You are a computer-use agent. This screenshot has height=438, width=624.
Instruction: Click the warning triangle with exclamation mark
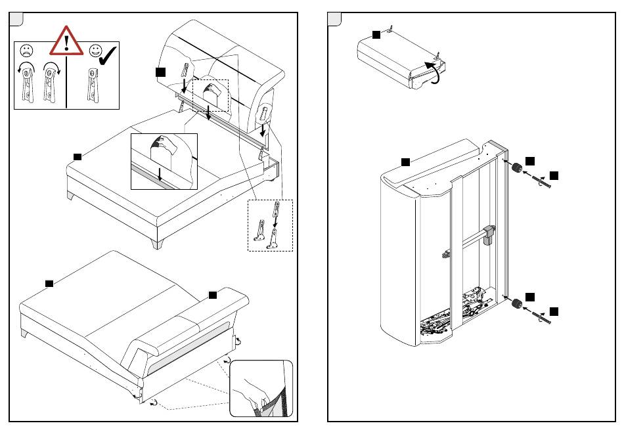(67, 41)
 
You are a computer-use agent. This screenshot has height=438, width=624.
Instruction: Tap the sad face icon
(28, 51)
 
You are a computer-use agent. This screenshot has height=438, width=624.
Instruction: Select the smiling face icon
(95, 51)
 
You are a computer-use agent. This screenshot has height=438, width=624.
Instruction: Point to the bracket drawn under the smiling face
(91, 85)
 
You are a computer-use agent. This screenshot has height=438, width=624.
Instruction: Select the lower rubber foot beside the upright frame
(517, 303)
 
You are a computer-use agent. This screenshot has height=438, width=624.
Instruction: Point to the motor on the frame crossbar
(488, 234)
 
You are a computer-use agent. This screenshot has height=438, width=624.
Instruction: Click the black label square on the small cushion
(376, 33)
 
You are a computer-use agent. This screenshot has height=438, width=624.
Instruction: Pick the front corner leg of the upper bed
(156, 244)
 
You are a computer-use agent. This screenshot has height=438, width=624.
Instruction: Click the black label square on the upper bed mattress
(77, 156)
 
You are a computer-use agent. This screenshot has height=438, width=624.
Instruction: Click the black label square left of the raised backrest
(160, 70)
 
